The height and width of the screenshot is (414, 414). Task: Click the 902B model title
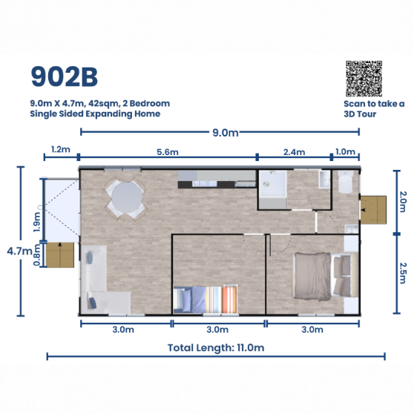tap(65, 77)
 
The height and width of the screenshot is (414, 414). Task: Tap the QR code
tap(364, 79)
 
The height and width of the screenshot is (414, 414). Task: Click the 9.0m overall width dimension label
tap(226, 133)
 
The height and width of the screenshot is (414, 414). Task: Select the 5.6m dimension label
tap(168, 152)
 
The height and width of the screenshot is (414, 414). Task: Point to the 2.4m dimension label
tap(294, 152)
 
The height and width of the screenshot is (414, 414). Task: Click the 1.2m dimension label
tap(60, 149)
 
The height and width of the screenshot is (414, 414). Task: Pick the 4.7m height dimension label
tap(19, 251)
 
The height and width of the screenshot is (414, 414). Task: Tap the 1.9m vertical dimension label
tap(37, 223)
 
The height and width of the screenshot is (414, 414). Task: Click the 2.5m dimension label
tap(403, 273)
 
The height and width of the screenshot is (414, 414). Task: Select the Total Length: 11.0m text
tap(216, 348)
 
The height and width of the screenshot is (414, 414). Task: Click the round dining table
tap(127, 197)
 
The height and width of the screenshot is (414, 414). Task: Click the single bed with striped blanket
tap(206, 299)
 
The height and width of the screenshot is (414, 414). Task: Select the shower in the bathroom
tap(272, 189)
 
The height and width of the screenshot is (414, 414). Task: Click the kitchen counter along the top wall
tap(217, 179)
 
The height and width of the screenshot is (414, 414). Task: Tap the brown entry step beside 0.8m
tap(60, 255)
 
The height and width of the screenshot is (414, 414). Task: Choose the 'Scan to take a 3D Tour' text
tap(374, 109)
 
